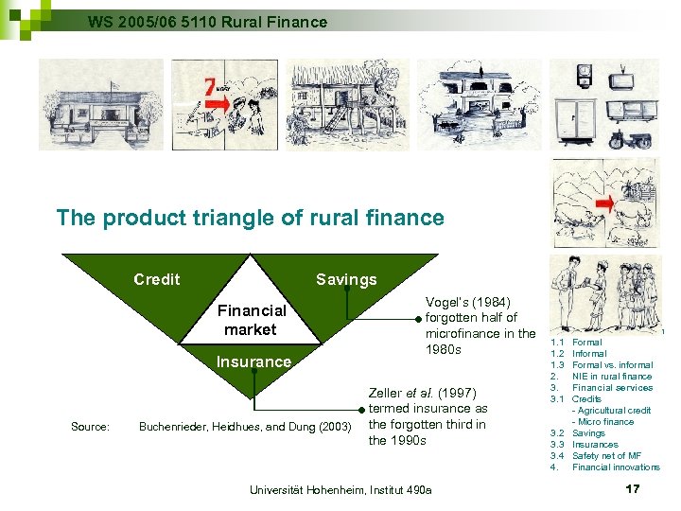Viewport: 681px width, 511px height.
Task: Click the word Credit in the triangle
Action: click(157, 279)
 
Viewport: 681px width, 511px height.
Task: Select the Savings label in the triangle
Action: click(345, 279)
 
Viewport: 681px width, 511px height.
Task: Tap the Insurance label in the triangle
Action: click(253, 361)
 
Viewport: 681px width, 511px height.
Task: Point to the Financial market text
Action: click(251, 320)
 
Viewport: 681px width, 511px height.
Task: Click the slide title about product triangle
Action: click(250, 218)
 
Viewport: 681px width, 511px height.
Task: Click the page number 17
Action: click(633, 489)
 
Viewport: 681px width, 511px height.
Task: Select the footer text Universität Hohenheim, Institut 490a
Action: click(340, 489)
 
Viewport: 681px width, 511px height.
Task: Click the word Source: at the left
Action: click(90, 427)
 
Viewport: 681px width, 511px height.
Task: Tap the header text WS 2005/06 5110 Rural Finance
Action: click(207, 21)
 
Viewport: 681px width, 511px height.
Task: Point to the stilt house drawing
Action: click(347, 104)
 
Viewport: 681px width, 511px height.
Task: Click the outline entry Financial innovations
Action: click(616, 467)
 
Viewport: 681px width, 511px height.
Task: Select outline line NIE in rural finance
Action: click(612, 377)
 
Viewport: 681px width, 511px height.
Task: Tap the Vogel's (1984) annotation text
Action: click(480, 326)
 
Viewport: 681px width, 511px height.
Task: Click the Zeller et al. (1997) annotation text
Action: click(427, 416)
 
